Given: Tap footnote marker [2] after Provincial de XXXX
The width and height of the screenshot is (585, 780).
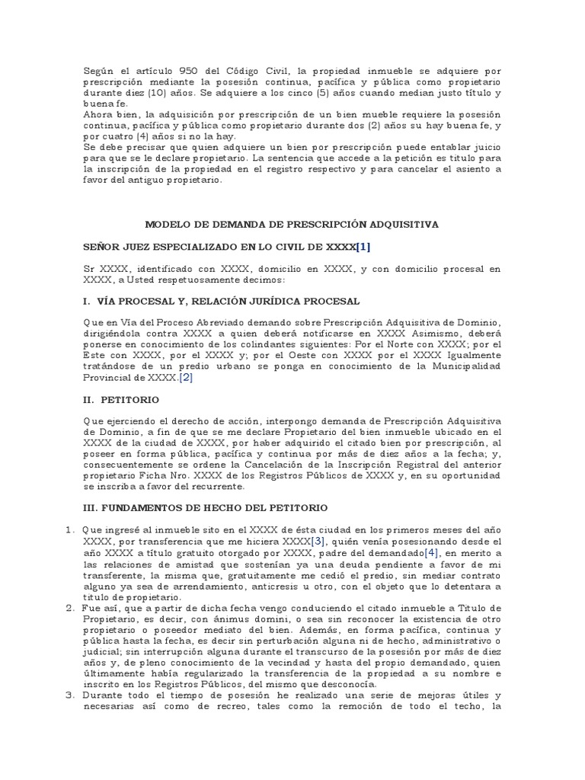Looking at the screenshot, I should click(x=186, y=378).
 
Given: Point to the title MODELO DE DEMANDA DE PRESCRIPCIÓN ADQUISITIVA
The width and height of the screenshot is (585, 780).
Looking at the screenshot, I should click(x=292, y=225).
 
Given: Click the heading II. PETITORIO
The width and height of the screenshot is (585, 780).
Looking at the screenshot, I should click(x=121, y=399).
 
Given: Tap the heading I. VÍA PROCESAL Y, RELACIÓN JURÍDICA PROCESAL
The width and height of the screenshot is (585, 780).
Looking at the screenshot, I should click(x=221, y=301).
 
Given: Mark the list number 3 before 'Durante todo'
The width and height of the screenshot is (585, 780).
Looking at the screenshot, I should click(x=69, y=695).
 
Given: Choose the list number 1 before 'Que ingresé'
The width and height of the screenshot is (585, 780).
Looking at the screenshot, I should click(x=69, y=529).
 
